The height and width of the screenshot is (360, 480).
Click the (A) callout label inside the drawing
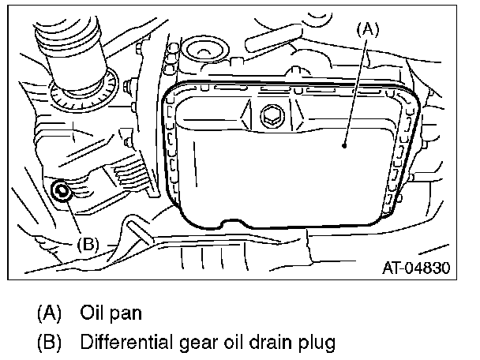coord(369,30)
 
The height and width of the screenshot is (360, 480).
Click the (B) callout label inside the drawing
coord(88,243)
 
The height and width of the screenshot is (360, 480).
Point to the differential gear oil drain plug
coord(61,190)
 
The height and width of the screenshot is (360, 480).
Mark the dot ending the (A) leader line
coord(345,145)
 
